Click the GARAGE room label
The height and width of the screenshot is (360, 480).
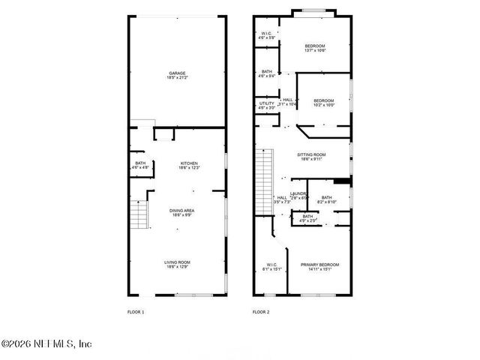tap(177, 73)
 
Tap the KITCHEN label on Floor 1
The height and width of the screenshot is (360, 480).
tap(189, 163)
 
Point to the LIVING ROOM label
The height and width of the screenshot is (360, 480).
tap(177, 262)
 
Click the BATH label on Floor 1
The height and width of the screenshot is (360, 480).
tap(140, 163)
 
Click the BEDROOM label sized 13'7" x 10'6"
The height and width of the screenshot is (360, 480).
tap(315, 46)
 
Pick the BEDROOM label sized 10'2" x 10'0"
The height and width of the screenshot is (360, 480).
tap(323, 100)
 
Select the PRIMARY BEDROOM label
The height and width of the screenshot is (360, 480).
tap(319, 265)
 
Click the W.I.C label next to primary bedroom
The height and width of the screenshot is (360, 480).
tap(271, 265)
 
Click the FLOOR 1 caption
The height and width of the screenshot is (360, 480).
tap(136, 311)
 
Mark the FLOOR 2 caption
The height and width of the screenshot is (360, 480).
tap(260, 311)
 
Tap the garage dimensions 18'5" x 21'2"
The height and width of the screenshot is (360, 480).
tap(177, 77)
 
